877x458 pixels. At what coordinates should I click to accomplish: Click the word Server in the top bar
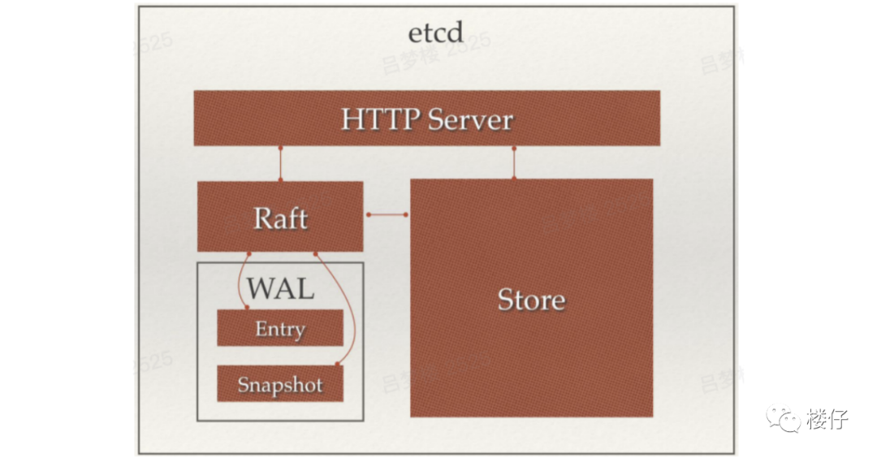[470, 120]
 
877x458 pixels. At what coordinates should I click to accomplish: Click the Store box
[531, 357]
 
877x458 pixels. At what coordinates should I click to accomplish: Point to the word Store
[531, 300]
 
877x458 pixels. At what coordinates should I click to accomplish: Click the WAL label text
[280, 288]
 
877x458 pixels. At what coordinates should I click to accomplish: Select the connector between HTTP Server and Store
[513, 162]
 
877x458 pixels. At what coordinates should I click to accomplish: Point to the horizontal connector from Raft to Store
[387, 215]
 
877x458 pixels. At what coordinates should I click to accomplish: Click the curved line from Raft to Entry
[239, 280]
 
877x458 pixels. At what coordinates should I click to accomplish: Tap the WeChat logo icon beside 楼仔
[784, 418]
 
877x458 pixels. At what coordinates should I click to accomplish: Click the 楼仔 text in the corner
[827, 419]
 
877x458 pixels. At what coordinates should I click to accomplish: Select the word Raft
[280, 218]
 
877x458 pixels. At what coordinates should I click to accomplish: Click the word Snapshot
[280, 384]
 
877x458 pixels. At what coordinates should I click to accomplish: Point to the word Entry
[280, 329]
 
